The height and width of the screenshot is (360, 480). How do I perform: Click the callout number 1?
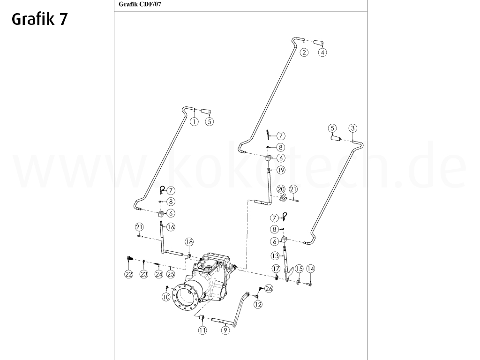[x=194, y=121]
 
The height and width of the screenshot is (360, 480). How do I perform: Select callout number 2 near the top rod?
[x=304, y=52]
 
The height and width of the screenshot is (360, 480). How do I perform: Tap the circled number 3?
[x=353, y=128]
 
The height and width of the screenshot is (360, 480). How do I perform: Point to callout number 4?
[x=322, y=52]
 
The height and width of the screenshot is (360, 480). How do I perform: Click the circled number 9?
[x=225, y=330]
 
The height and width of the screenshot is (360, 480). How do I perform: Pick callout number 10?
[x=166, y=296]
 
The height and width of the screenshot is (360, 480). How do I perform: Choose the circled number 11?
[x=202, y=330]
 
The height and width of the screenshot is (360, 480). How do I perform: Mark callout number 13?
[x=275, y=255]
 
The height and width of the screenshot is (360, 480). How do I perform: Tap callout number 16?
[x=171, y=227]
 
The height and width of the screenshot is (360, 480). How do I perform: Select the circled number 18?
[x=189, y=242]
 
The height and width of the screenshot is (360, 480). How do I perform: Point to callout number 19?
[x=281, y=170]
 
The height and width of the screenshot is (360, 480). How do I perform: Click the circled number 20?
[x=281, y=189]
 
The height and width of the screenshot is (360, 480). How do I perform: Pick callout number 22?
[x=128, y=274]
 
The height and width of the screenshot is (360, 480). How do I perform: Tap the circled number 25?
[x=171, y=274]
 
